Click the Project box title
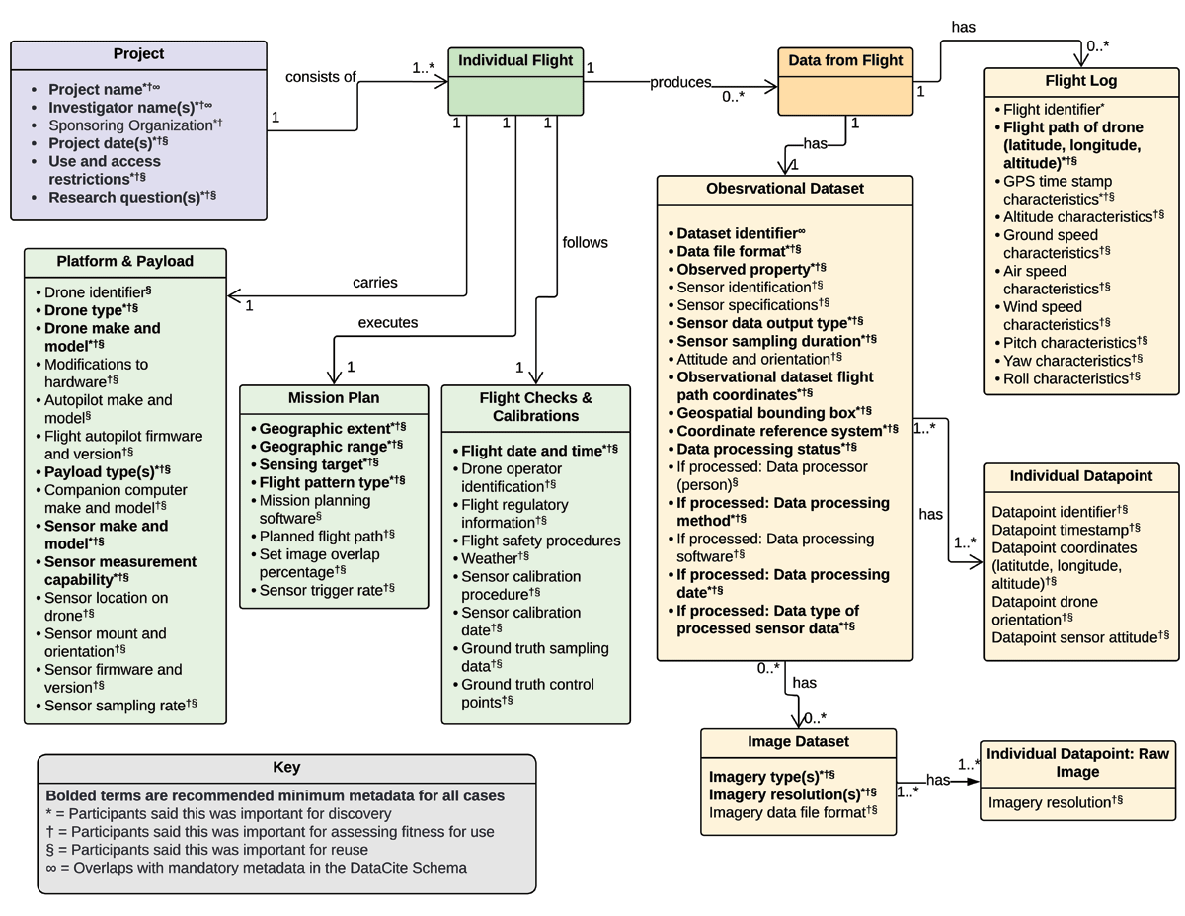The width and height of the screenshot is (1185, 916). [x=138, y=54]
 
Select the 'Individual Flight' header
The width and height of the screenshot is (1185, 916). [x=515, y=60]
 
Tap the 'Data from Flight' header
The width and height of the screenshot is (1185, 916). [x=845, y=60]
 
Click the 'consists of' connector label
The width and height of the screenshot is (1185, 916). [x=321, y=77]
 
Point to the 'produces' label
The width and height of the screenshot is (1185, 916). [x=680, y=82]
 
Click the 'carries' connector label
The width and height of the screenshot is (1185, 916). [x=375, y=283]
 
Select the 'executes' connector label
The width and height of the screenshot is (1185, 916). [x=388, y=323]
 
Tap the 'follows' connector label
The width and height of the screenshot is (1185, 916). [x=586, y=243]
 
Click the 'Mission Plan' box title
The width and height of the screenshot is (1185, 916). [x=334, y=398]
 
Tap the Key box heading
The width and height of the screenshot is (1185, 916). [x=286, y=767]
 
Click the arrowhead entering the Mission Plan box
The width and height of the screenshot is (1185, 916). [x=334, y=377]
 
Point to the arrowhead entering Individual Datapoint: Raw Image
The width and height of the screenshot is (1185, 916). [x=973, y=782]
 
